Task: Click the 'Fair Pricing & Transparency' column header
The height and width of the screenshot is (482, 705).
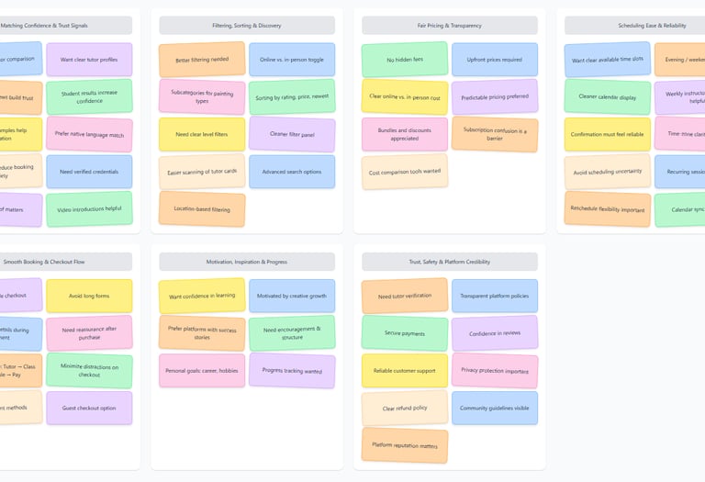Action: pyautogui.click(x=449, y=26)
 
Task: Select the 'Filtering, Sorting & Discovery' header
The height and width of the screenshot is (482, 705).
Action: pyautogui.click(x=247, y=26)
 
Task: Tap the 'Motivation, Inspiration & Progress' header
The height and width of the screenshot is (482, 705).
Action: pyautogui.click(x=247, y=262)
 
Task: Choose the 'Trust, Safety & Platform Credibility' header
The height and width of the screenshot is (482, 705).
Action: pyautogui.click(x=449, y=262)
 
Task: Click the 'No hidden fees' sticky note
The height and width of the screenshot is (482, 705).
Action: pyautogui.click(x=404, y=60)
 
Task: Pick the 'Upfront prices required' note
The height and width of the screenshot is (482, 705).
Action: pyautogui.click(x=494, y=60)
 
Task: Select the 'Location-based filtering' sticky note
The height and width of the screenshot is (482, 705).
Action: pyautogui.click(x=201, y=208)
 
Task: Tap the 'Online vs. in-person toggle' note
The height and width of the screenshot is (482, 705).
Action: pyautogui.click(x=291, y=60)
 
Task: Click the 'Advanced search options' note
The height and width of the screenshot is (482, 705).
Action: pyautogui.click(x=291, y=172)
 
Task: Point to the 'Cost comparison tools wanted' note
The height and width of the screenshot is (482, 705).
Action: pyautogui.click(x=404, y=172)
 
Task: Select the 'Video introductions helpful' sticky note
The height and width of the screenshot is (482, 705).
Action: pyautogui.click(x=89, y=208)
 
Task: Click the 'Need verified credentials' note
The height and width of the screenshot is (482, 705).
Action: pyautogui.click(x=89, y=172)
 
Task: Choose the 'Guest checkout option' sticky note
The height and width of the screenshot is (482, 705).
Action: pyautogui.click(x=89, y=408)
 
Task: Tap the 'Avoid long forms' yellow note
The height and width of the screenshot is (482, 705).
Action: pyautogui.click(x=89, y=296)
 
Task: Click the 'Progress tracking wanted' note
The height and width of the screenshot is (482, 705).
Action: pyautogui.click(x=291, y=371)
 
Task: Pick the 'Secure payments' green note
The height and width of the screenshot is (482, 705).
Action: pyautogui.click(x=404, y=333)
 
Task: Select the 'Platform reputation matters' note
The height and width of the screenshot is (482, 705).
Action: pyautogui.click(x=404, y=445)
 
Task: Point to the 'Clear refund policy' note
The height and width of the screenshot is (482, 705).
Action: pyautogui.click(x=404, y=408)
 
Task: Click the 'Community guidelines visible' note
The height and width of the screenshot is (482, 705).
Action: pyautogui.click(x=494, y=408)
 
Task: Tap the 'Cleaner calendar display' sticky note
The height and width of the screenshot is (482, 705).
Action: pyautogui.click(x=607, y=96)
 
